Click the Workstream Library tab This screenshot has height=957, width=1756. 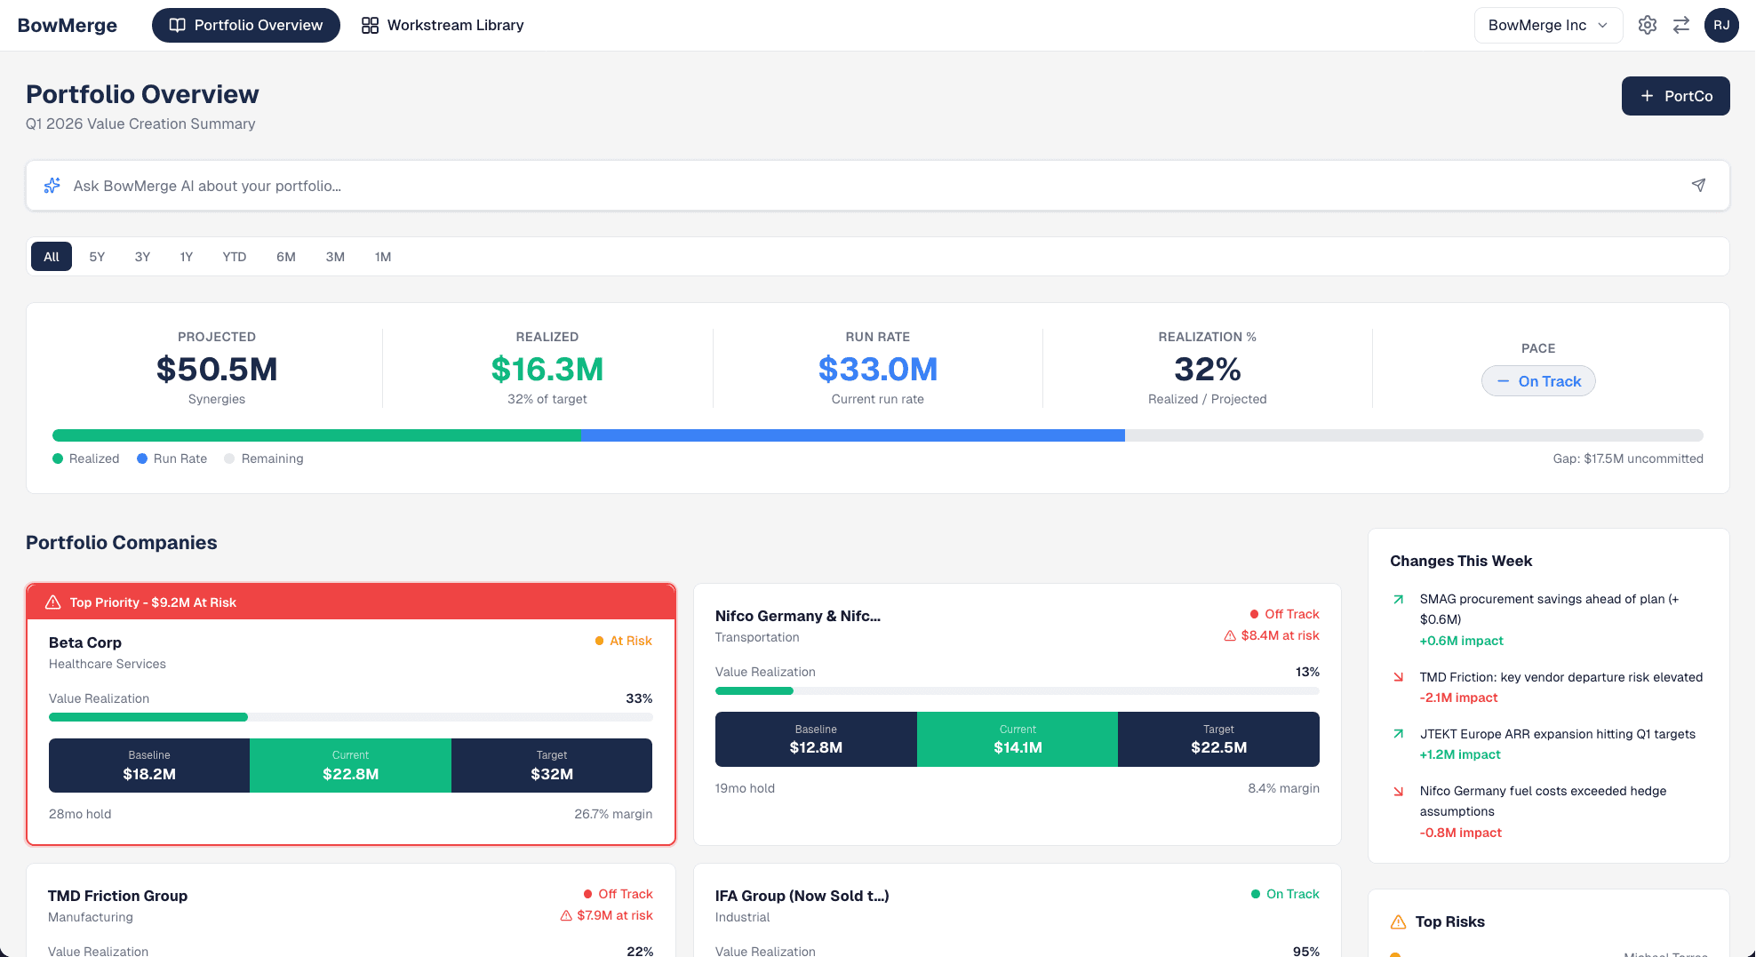(443, 25)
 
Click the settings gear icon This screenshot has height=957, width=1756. (1647, 25)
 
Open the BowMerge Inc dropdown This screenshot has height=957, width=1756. (1547, 25)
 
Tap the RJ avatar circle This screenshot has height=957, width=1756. (1720, 25)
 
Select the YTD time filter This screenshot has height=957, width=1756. (234, 257)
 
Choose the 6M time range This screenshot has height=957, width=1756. (285, 257)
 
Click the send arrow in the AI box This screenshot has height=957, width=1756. (1697, 185)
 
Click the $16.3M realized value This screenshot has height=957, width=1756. (547, 369)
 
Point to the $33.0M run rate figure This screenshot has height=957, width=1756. (877, 369)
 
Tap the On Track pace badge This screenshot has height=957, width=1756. (1537, 381)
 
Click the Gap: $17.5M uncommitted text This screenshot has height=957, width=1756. (1627, 459)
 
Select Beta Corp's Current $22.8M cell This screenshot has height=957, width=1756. (350, 765)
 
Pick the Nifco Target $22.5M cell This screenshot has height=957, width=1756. (1217, 739)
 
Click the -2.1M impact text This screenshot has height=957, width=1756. (1458, 698)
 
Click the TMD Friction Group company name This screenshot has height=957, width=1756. (117, 896)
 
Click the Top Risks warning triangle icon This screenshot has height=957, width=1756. (1398, 921)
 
